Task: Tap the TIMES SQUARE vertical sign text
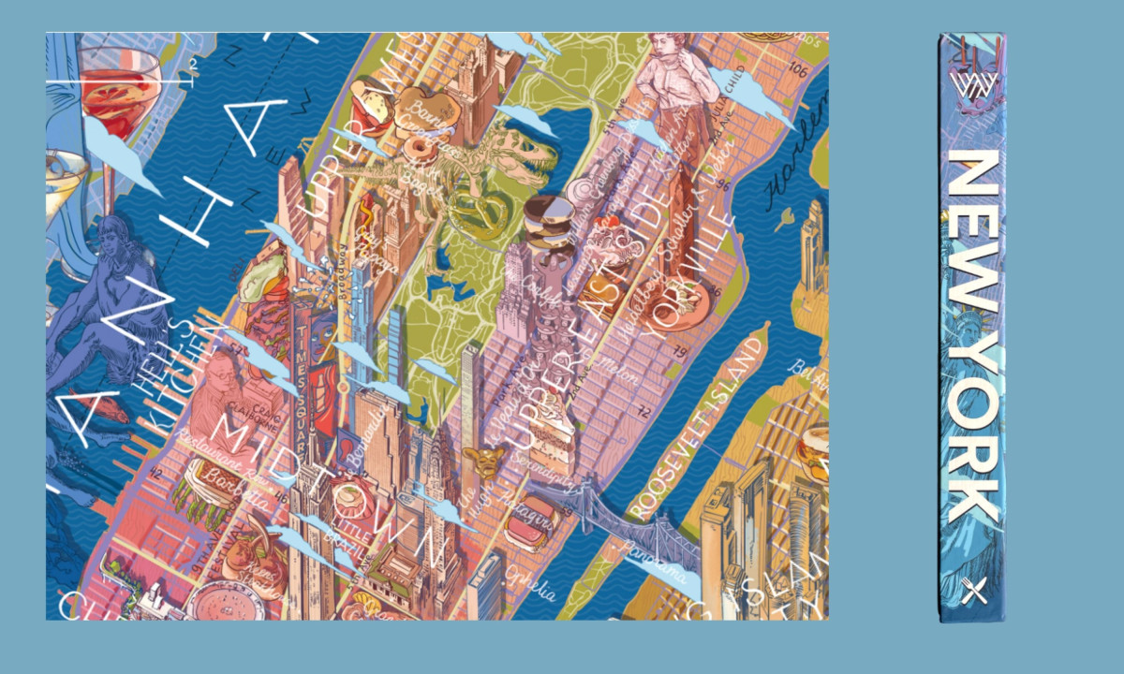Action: [x=304, y=366]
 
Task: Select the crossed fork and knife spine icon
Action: [x=975, y=592]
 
